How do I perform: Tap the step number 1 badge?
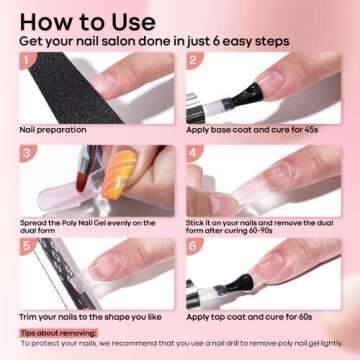click(26, 59)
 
